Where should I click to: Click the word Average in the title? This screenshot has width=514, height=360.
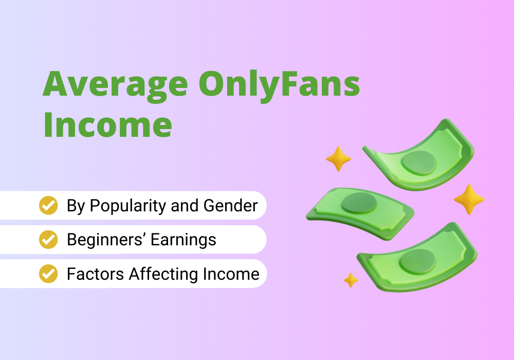tap(115, 84)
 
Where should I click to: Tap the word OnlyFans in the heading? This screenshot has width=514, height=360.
tap(279, 84)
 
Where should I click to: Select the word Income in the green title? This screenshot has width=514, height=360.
tap(107, 125)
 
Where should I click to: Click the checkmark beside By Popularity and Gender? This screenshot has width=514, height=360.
tap(48, 205)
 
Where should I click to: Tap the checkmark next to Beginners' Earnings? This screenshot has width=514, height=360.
tap(48, 239)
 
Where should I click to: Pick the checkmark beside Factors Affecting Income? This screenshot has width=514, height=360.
tap(48, 274)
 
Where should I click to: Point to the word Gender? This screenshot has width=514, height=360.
tap(230, 206)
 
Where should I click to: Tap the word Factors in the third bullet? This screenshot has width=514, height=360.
tap(96, 274)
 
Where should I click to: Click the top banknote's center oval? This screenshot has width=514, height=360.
tap(418, 163)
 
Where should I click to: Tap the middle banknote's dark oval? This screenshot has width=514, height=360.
tap(359, 203)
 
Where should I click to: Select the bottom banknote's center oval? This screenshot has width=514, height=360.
tap(417, 262)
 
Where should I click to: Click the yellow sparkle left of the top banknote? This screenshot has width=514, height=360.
tap(338, 159)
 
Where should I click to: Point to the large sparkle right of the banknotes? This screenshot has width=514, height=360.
tap(469, 200)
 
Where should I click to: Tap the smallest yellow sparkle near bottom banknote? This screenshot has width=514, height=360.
tap(351, 280)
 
